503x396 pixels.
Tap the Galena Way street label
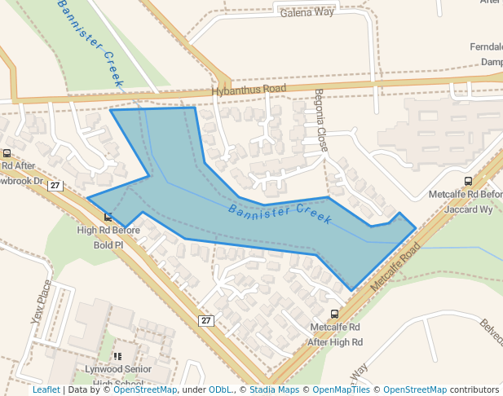[x=307, y=13]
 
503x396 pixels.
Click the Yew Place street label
[x=41, y=301]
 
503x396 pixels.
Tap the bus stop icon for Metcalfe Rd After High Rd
[x=334, y=314]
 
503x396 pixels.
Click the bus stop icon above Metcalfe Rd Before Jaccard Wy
[x=468, y=181]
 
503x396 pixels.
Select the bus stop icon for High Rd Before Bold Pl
[x=108, y=217]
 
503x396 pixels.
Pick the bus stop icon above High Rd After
[x=7, y=153]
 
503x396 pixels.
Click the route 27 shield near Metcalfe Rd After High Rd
[x=206, y=320]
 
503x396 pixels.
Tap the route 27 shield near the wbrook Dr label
[x=55, y=186]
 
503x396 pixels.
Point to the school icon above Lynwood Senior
[x=117, y=356]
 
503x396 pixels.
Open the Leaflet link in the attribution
[x=46, y=390]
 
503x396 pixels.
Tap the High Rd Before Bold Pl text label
[x=108, y=237]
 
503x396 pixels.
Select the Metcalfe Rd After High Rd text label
[x=335, y=335]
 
